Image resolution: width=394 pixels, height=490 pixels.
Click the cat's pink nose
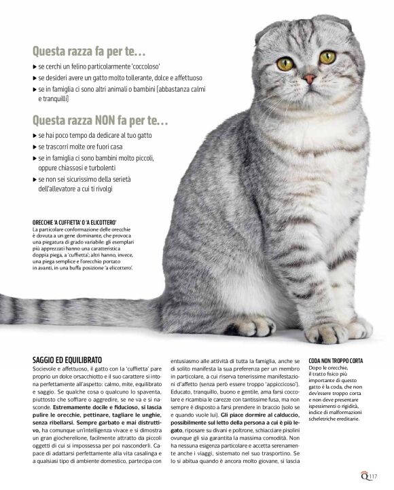(x=309, y=79)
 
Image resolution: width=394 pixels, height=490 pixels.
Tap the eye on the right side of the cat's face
(x=327, y=57)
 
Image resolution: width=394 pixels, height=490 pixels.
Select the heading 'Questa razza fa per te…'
(x=89, y=50)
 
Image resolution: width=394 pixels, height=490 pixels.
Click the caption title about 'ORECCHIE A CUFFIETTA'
(x=75, y=223)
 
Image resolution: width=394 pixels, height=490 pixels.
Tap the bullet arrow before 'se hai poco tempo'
(x=35, y=136)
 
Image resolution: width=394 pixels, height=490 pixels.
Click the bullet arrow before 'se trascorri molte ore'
(x=35, y=147)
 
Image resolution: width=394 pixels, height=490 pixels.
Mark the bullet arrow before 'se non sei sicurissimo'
(x=35, y=179)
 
